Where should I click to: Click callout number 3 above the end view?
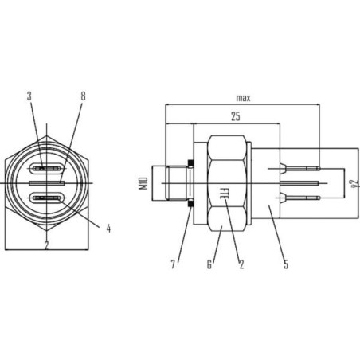click(29, 96)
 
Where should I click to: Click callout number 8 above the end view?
click(84, 96)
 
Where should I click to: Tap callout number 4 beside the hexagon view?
click(108, 229)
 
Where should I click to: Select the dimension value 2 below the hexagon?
click(47, 245)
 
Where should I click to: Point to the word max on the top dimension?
click(243, 98)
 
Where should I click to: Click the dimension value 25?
click(236, 116)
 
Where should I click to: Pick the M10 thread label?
click(143, 183)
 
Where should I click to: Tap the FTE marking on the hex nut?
click(224, 194)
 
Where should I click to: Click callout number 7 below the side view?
click(173, 264)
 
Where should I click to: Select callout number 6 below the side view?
click(209, 264)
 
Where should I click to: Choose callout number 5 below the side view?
click(286, 264)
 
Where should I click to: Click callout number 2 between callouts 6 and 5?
click(241, 264)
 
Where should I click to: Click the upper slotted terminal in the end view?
click(47, 168)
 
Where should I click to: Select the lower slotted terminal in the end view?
click(47, 198)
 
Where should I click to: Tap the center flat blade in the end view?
click(47, 183)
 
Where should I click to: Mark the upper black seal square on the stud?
click(190, 162)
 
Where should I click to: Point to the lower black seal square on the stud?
click(190, 204)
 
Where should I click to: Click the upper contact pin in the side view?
click(300, 168)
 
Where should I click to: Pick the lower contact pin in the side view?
click(300, 198)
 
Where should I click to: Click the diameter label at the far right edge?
click(354, 183)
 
